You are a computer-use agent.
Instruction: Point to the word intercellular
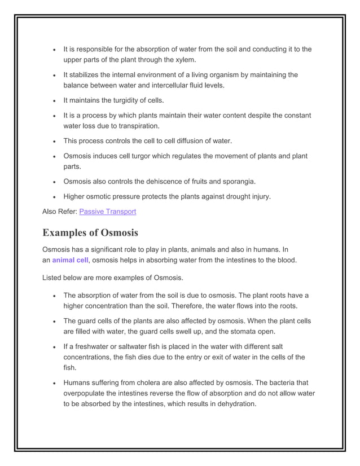163,85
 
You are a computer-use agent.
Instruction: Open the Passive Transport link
108,212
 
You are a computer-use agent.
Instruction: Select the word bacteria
281,383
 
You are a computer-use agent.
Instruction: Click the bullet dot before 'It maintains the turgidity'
53,101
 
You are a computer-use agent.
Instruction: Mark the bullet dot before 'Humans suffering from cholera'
53,383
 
